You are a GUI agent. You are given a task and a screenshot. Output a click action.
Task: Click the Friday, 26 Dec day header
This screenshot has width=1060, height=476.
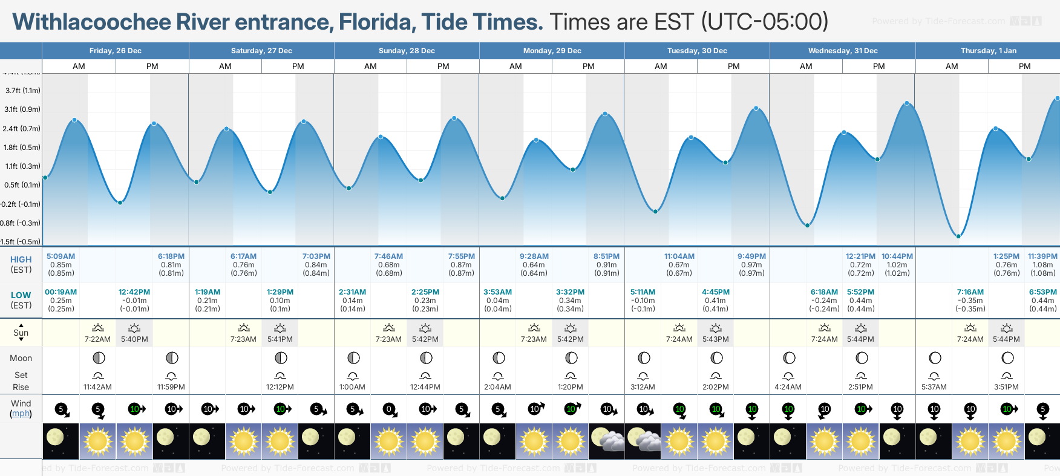pyautogui.click(x=115, y=51)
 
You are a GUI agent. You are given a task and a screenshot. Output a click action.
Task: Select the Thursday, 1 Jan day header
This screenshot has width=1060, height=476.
pyautogui.click(x=988, y=51)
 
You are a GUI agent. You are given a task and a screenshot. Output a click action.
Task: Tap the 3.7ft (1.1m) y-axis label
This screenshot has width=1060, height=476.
pyautogui.click(x=23, y=91)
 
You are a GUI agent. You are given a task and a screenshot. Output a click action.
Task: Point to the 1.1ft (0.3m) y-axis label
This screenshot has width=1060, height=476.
pyautogui.click(x=23, y=166)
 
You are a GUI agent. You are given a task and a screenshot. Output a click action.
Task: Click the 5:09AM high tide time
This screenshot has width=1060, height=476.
pyautogui.click(x=61, y=256)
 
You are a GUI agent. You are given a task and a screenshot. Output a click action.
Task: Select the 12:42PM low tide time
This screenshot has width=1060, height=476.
pyautogui.click(x=134, y=292)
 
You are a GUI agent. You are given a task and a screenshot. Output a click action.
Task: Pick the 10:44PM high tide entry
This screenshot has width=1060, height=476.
pyautogui.click(x=897, y=256)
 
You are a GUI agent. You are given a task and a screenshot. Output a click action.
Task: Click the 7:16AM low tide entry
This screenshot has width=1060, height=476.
pyautogui.click(x=970, y=292)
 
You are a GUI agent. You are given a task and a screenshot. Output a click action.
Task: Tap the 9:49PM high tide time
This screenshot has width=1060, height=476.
pyautogui.click(x=751, y=256)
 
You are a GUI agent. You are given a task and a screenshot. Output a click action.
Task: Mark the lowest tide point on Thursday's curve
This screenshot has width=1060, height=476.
pyautogui.click(x=958, y=236)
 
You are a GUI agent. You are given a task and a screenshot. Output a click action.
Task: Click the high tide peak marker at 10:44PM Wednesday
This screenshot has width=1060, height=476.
pyautogui.click(x=907, y=103)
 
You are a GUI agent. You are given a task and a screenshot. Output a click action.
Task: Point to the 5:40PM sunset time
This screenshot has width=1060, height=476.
pyautogui.click(x=134, y=339)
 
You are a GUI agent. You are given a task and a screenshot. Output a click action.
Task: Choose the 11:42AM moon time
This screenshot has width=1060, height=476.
pyautogui.click(x=97, y=387)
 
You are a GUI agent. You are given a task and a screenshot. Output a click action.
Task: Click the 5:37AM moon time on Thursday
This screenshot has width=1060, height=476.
pyautogui.click(x=934, y=387)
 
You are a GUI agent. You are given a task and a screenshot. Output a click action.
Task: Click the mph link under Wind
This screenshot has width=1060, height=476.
pyautogui.click(x=21, y=414)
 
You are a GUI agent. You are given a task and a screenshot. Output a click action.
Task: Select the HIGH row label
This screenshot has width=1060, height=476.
pyautogui.click(x=21, y=259)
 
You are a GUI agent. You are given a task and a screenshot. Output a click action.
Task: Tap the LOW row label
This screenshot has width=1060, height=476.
pyautogui.click(x=21, y=295)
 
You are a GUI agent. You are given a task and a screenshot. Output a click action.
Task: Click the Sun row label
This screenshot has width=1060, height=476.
pyautogui.click(x=21, y=333)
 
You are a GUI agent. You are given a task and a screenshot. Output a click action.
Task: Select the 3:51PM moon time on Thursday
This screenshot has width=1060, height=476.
pyautogui.click(x=1006, y=387)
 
